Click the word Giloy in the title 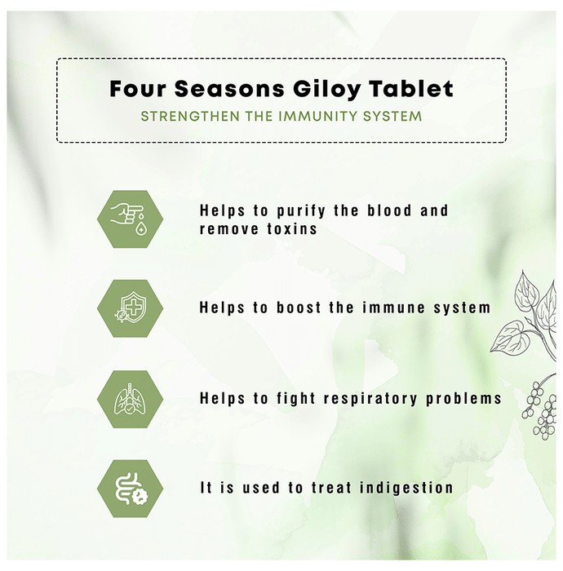tap(326, 89)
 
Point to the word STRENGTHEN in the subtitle tap(190, 116)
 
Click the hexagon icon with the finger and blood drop tap(130, 219)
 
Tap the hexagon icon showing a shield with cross tap(130, 308)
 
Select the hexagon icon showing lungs tap(130, 399)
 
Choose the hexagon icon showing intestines tap(130, 489)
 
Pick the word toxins tap(292, 229)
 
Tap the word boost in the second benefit tap(299, 308)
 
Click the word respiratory tap(370, 399)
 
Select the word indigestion tap(406, 488)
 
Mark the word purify tap(301, 211)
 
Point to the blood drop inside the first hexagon tap(140, 228)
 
